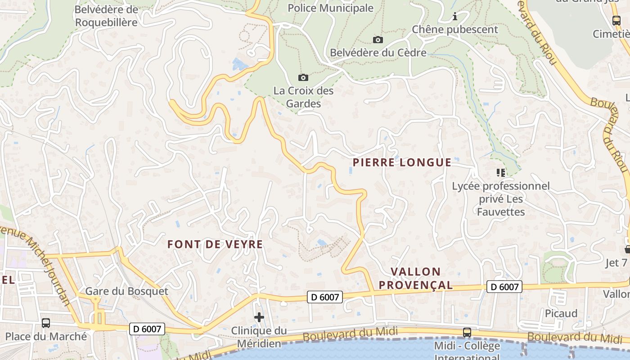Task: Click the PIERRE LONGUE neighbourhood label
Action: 402,162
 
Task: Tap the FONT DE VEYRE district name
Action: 215,244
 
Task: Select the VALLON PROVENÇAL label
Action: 416,278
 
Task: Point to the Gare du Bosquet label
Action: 126,291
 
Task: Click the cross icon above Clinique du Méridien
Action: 259,318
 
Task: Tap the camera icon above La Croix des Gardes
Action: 303,77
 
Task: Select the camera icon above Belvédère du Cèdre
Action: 378,40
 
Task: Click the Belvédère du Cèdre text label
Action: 378,53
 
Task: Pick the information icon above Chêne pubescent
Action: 455,17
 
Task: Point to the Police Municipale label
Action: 330,8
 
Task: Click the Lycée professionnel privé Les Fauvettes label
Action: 501,199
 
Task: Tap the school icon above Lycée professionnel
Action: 500,172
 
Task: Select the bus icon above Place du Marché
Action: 46,323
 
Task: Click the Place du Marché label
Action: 46,336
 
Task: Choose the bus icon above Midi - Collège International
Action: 467,333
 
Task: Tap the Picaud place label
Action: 561,313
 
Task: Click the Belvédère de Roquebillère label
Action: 106,16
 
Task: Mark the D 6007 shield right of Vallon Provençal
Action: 504,287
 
